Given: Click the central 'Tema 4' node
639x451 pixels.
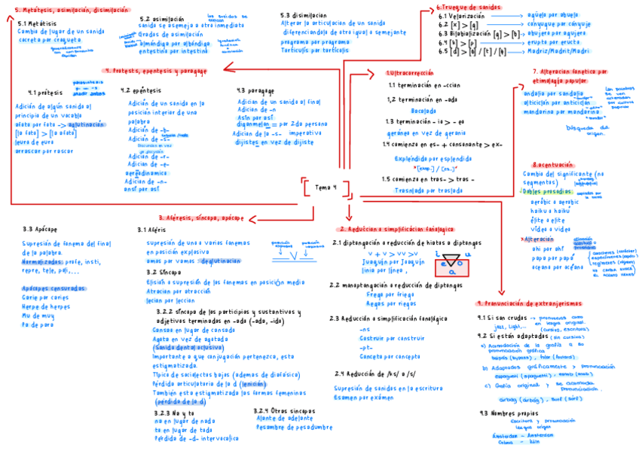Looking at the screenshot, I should click(324, 187).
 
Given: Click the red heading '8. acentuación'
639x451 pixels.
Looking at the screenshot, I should click(552, 164).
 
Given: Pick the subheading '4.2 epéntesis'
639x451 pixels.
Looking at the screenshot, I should click(141, 90).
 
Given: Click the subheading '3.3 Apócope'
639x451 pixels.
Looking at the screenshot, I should click(40, 229).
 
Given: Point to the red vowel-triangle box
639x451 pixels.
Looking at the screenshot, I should click(451, 264).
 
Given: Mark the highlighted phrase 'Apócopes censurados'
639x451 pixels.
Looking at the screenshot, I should click(53, 289).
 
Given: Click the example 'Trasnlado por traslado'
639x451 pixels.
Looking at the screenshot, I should click(428, 191).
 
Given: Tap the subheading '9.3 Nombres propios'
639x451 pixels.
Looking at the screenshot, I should click(508, 413).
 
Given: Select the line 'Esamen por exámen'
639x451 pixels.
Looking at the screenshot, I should click(365, 398).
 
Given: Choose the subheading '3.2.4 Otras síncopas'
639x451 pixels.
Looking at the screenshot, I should click(284, 410).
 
